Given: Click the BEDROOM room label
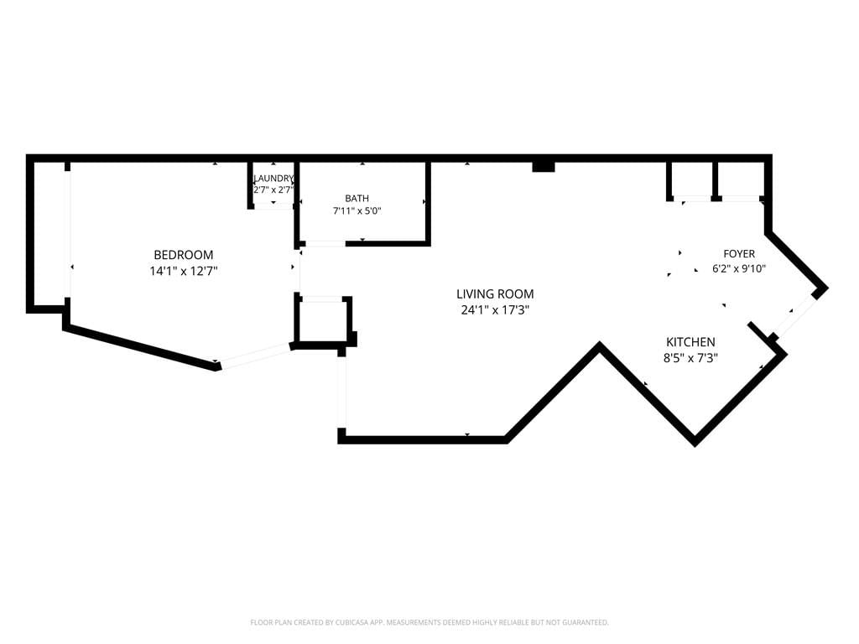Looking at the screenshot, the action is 184,255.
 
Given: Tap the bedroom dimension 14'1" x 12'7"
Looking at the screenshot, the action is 184,271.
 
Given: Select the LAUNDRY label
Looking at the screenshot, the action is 273,178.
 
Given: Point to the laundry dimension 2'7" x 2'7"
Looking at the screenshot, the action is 273,190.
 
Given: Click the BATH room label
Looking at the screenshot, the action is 357,198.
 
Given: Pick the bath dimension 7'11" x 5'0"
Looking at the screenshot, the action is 357,210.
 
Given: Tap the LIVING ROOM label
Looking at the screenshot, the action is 495,294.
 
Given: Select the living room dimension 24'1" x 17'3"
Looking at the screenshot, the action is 495,310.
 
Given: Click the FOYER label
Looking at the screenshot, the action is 739,253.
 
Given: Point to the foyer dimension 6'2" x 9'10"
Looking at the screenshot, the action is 739,269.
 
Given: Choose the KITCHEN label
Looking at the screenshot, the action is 690,342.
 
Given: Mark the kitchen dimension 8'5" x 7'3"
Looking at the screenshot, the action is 690,358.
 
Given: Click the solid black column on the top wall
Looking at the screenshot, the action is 544,167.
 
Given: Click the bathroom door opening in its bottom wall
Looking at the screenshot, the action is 325,243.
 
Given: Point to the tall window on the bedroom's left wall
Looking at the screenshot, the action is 67,235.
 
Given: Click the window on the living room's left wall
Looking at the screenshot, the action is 342,392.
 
